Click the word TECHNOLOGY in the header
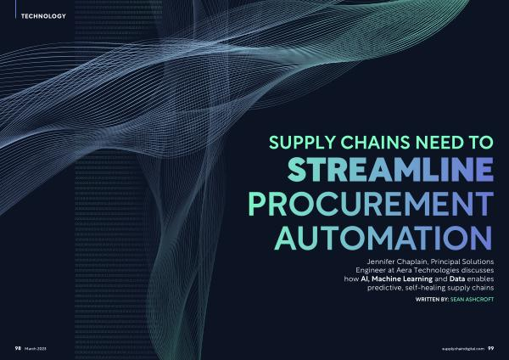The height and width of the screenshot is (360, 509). point(43,16)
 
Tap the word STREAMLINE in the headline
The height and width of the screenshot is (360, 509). point(390,170)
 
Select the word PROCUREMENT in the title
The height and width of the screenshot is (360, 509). point(371,204)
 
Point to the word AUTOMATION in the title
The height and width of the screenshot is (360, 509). point(383,238)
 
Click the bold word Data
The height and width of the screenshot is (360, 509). point(457,278)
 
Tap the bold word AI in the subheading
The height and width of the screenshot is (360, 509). point(365,278)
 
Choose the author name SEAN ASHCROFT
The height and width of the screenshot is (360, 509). point(472,299)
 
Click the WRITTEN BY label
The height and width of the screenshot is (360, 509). point(432,299)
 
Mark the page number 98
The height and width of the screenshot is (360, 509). point(18,348)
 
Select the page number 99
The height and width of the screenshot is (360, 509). point(491,348)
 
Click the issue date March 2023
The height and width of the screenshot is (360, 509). point(36,349)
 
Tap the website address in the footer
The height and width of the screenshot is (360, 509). point(463,349)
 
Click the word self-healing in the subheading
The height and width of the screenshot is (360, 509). point(425,288)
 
